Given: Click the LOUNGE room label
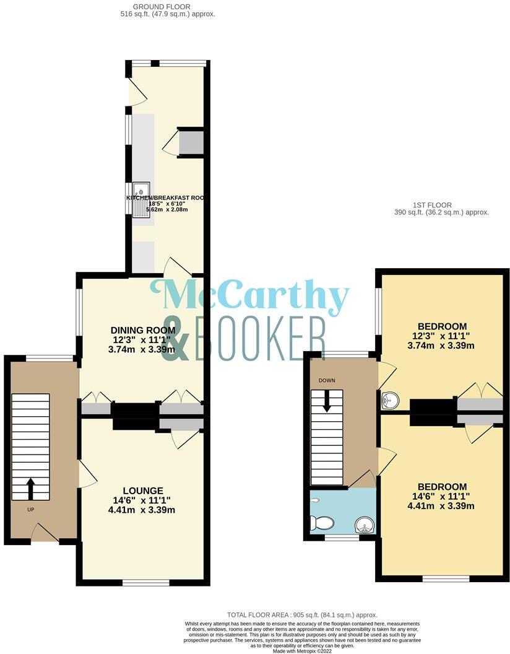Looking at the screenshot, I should click(x=142, y=490).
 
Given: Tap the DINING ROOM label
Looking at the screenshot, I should click(x=142, y=329).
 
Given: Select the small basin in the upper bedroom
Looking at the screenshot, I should click(x=389, y=400).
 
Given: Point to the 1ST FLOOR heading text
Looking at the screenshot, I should click(x=431, y=205).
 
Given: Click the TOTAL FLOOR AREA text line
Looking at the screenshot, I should click(x=302, y=615).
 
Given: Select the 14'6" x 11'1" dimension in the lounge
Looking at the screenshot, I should click(x=142, y=500).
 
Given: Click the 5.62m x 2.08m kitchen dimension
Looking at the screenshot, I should click(x=166, y=209).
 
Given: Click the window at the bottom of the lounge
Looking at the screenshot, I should click(x=145, y=582).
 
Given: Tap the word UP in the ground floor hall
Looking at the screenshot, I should click(x=30, y=510).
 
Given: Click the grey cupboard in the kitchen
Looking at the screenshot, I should click(x=191, y=142).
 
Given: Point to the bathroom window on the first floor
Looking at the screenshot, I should click(x=342, y=538).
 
